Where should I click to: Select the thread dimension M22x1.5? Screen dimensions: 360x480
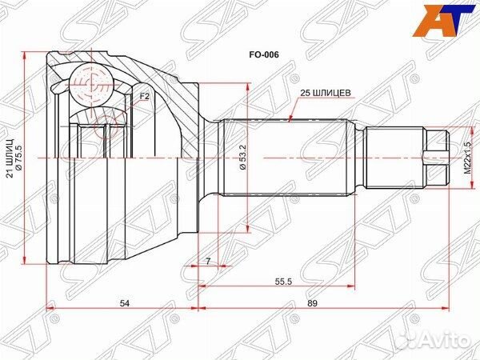coord(468,158)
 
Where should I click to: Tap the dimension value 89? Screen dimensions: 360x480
coord(334,303)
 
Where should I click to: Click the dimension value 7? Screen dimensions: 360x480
coord(206,262)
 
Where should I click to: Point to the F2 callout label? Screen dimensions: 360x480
coord(145,98)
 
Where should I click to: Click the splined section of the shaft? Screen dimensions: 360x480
coord(288,157)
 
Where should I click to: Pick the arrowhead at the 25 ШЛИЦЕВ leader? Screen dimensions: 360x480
coord(293,118)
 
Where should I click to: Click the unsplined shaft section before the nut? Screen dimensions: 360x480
coord(392,157)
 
